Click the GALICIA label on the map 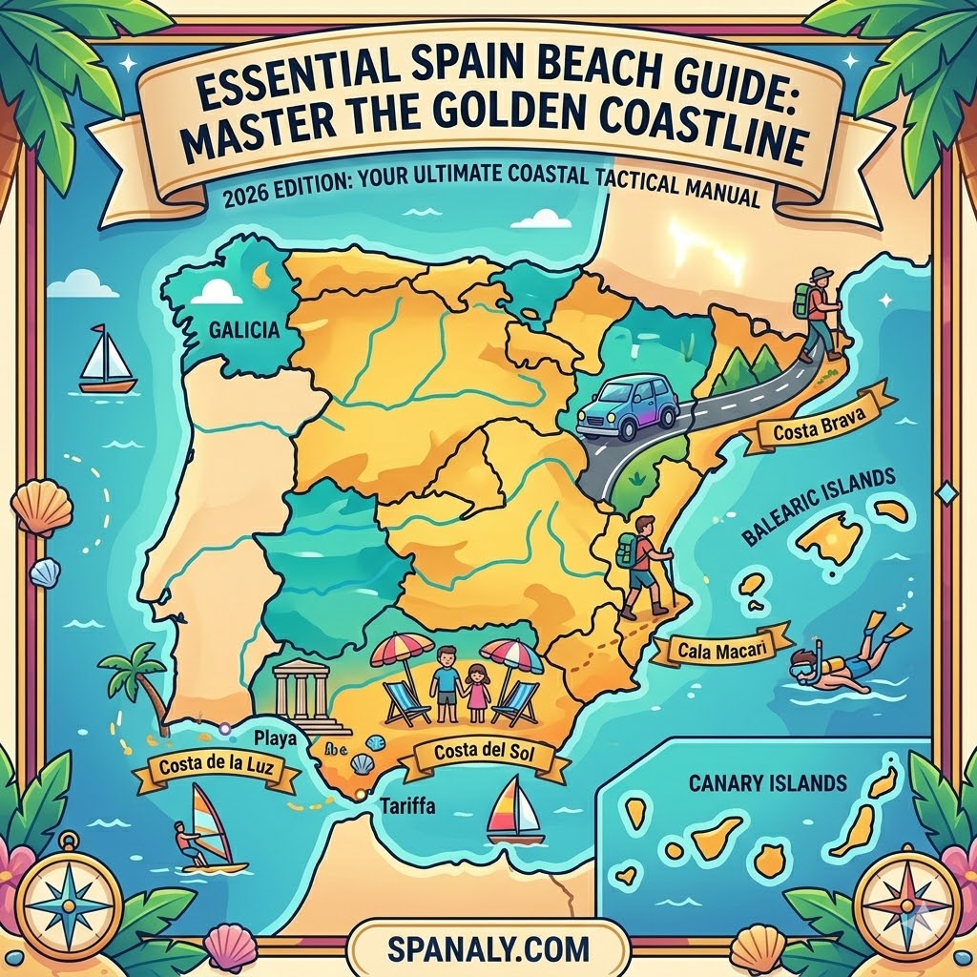pos(242,331)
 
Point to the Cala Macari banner pos(723,651)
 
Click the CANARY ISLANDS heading pos(767,784)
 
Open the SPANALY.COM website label pos(488,950)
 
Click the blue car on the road pos(627,408)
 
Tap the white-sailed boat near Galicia pos(107,360)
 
